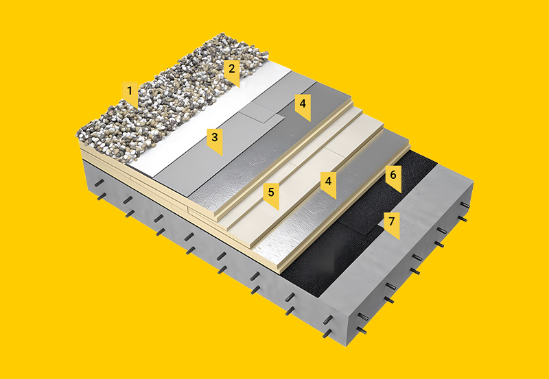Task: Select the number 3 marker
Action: [214, 140]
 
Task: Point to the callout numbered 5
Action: [271, 195]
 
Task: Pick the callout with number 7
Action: [391, 223]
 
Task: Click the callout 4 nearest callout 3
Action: [303, 106]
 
